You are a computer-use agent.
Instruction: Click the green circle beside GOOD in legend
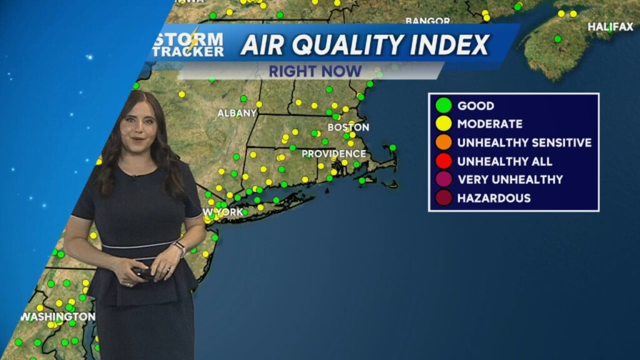pyautogui.click(x=444, y=106)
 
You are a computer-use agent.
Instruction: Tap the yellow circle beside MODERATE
pyautogui.click(x=444, y=124)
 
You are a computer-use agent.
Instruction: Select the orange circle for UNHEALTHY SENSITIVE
pyautogui.click(x=444, y=142)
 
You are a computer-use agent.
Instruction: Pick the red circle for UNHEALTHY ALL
pyautogui.click(x=444, y=161)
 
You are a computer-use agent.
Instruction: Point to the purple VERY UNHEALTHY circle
pyautogui.click(x=444, y=180)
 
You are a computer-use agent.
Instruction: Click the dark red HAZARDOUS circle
pyautogui.click(x=444, y=198)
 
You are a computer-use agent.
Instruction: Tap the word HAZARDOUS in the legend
pyautogui.click(x=494, y=198)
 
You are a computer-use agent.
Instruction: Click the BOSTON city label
pyautogui.click(x=348, y=127)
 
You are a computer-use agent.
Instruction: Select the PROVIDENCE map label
pyautogui.click(x=334, y=153)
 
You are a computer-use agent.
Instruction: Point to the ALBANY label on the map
pyautogui.click(x=237, y=113)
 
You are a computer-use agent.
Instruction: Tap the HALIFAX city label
pyautogui.click(x=611, y=27)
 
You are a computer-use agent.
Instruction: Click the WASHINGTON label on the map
pyautogui.click(x=57, y=317)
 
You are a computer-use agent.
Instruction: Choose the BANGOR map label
pyautogui.click(x=427, y=21)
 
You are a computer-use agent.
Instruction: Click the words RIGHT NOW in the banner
pyautogui.click(x=315, y=71)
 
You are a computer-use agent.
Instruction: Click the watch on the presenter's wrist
pyautogui.click(x=179, y=247)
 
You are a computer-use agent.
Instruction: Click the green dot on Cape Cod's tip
pyautogui.click(x=392, y=147)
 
